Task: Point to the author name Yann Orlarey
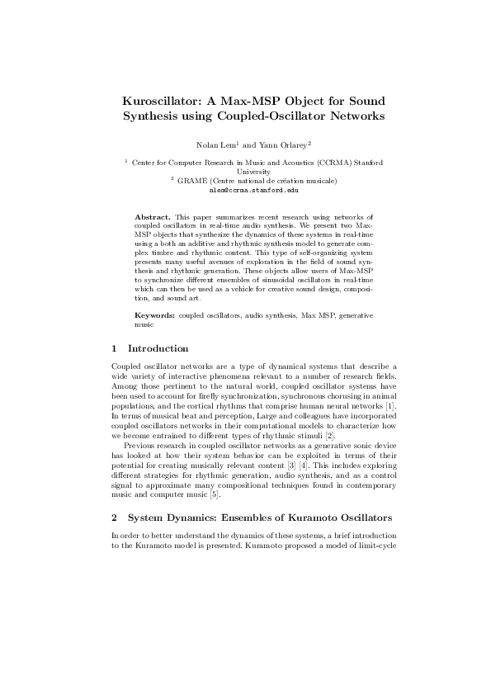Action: [282, 144]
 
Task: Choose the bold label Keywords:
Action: [154, 317]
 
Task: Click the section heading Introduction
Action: [158, 348]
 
